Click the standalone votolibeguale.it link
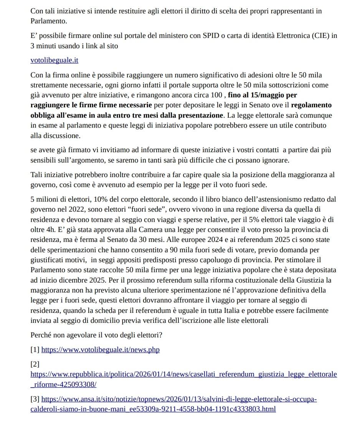pos(54,60)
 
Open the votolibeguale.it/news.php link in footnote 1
pos(100,349)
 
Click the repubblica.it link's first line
pos(183,374)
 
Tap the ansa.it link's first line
pos(179,399)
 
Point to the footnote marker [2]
pos(35,364)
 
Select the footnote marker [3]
pos(35,399)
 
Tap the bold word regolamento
pos(311,105)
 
